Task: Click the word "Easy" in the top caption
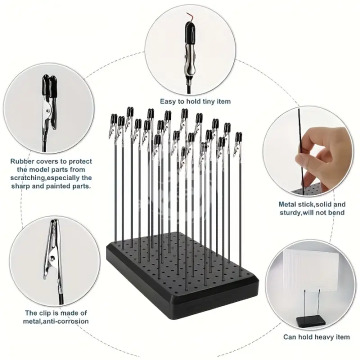168,101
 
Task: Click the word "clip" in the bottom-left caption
46,313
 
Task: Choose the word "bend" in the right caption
337,213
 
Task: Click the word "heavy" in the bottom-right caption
317,337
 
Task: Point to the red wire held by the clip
191,17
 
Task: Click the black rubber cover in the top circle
190,36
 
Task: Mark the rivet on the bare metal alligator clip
53,258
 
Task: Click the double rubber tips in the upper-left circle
49,87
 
